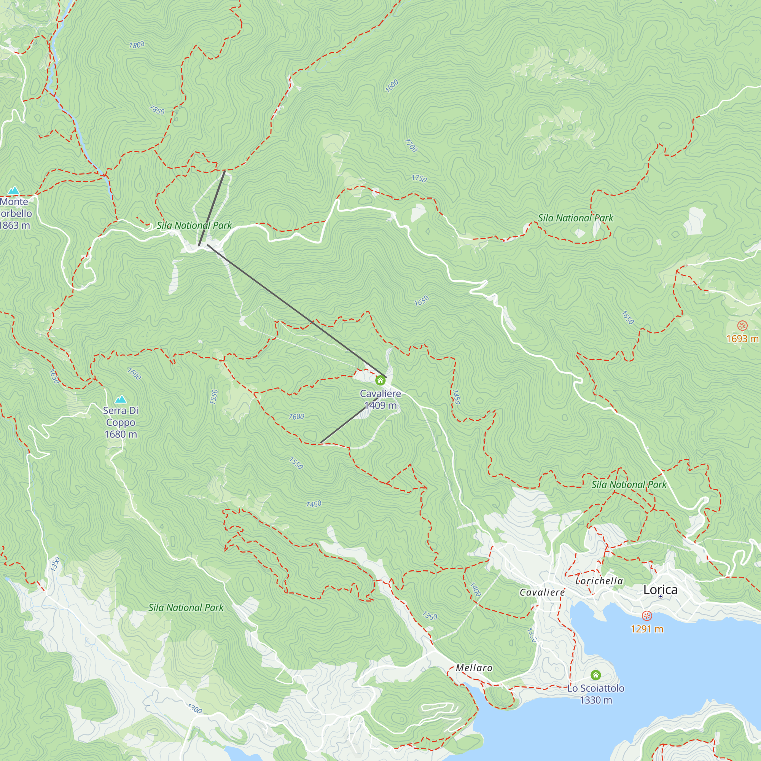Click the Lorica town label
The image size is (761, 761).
pos(660,590)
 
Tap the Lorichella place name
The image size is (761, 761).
pos(599,581)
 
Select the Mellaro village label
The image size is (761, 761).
pos(474,668)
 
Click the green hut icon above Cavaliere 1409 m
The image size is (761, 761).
pos(380,380)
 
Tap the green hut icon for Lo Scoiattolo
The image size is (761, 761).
pos(595,675)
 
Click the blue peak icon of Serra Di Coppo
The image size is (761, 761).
pos(121,400)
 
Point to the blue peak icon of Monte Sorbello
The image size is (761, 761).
pos(14,191)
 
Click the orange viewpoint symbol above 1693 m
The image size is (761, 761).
pos(742,326)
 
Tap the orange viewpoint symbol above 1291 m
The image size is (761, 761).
pos(646,616)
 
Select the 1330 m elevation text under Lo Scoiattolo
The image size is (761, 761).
pos(595,700)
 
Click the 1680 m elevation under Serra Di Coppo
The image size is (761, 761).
pos(121,434)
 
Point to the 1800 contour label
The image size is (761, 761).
pos(137,45)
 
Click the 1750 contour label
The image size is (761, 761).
pos(419,178)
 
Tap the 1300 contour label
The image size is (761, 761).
pos(194,709)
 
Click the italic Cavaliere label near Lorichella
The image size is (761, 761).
pos(542,592)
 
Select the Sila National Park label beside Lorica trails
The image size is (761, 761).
pos(629,484)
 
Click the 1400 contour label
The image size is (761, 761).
pos(475,590)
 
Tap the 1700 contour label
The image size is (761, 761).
pos(411,146)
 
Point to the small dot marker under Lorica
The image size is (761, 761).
pos(661,596)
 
